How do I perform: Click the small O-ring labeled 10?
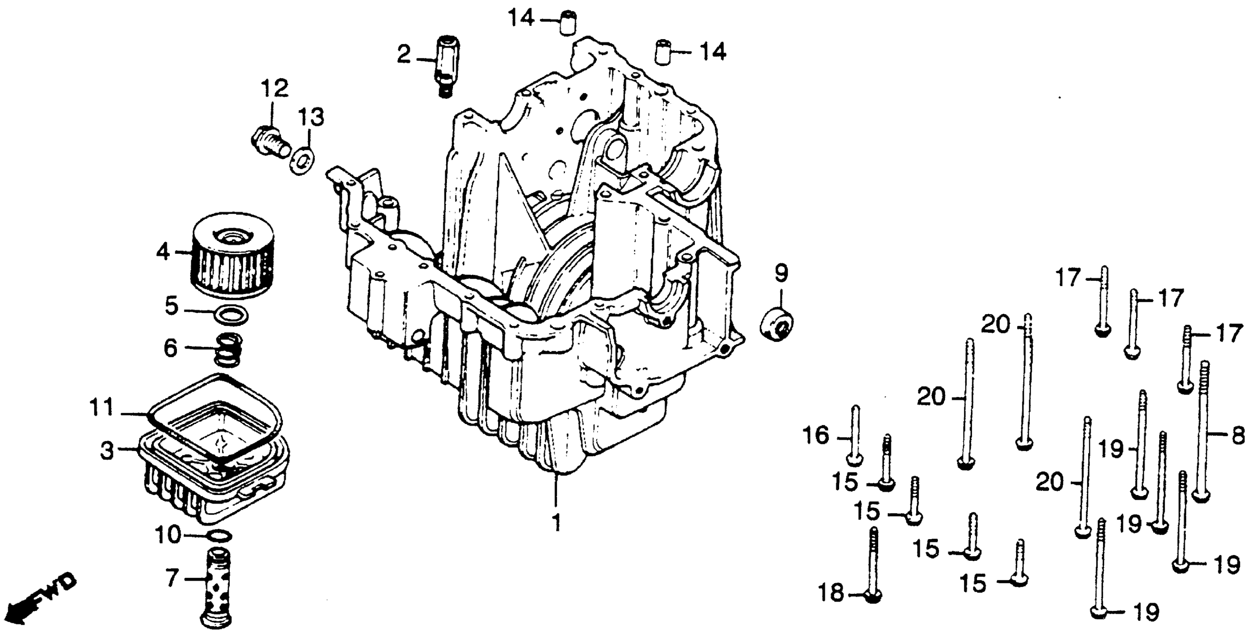click(x=219, y=536)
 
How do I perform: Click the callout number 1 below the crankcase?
click(x=556, y=523)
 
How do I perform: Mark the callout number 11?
click(x=102, y=408)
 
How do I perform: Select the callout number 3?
click(x=107, y=450)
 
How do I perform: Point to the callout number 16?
click(x=815, y=436)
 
